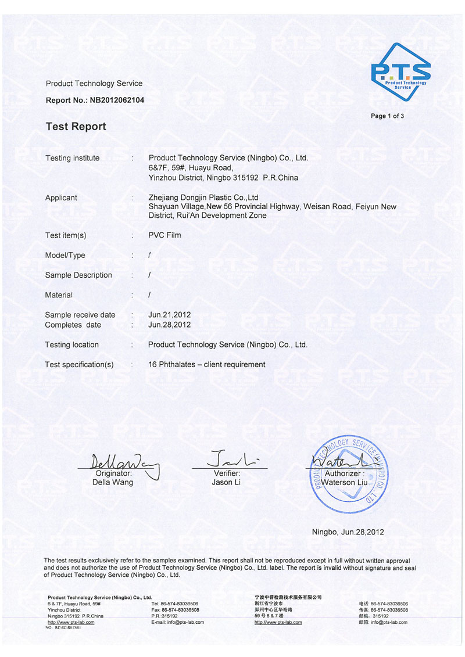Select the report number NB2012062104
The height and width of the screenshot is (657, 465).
coord(117,100)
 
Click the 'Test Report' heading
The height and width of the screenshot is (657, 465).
coord(76,127)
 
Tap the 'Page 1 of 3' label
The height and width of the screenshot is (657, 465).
coord(387,116)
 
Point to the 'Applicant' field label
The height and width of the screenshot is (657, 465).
coord(61,198)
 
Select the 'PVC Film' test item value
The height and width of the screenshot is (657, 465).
coord(164,235)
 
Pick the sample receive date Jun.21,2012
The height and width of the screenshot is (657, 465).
coord(170,315)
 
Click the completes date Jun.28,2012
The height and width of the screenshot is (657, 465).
coord(170,325)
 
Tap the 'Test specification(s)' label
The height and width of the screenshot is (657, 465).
coord(79,364)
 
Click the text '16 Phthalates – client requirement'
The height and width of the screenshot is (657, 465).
coord(207,364)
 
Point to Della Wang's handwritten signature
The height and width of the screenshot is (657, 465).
coord(119,463)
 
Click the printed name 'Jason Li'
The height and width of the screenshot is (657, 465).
coord(227,482)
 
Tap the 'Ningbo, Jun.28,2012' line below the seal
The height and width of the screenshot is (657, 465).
coord(348,532)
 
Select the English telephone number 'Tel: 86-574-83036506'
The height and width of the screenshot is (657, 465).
coord(174,604)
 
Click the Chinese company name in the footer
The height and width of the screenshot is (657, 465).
coord(288,597)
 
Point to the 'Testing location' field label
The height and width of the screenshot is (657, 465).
coord(72,344)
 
